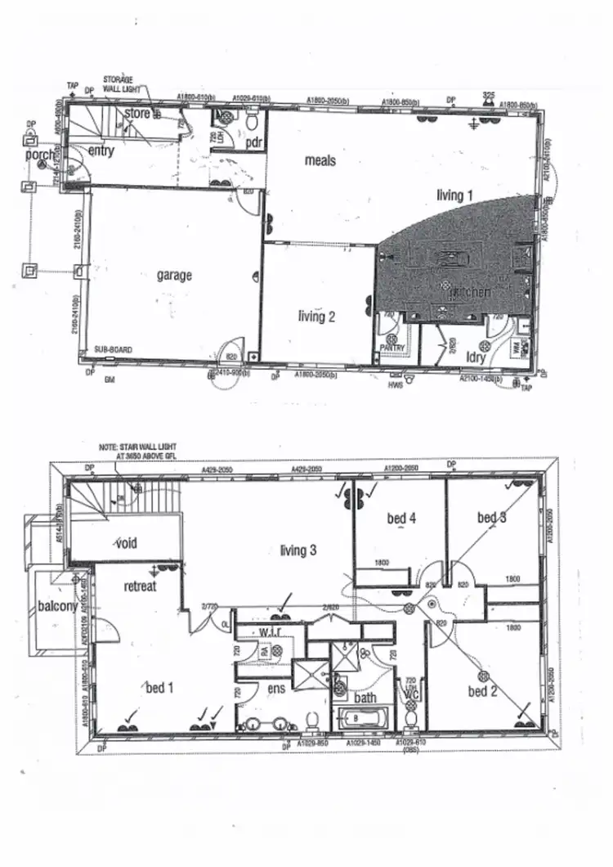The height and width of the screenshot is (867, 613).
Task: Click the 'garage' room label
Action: (x=174, y=276)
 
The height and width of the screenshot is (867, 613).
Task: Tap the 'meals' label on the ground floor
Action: (x=320, y=160)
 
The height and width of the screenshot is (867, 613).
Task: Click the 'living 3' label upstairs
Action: (x=298, y=550)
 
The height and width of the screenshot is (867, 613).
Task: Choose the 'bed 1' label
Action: (x=159, y=688)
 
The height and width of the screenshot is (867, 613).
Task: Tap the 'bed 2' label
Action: (x=483, y=692)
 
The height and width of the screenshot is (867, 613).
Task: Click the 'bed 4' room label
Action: (x=401, y=518)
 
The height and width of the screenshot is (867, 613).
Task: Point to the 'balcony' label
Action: (x=57, y=606)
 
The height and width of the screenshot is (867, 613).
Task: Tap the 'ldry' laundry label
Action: (x=476, y=357)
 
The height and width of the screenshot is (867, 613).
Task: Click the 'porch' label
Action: (x=40, y=155)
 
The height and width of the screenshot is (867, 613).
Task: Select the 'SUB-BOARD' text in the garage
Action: (x=113, y=349)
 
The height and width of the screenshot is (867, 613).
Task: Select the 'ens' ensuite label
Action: (x=275, y=689)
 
